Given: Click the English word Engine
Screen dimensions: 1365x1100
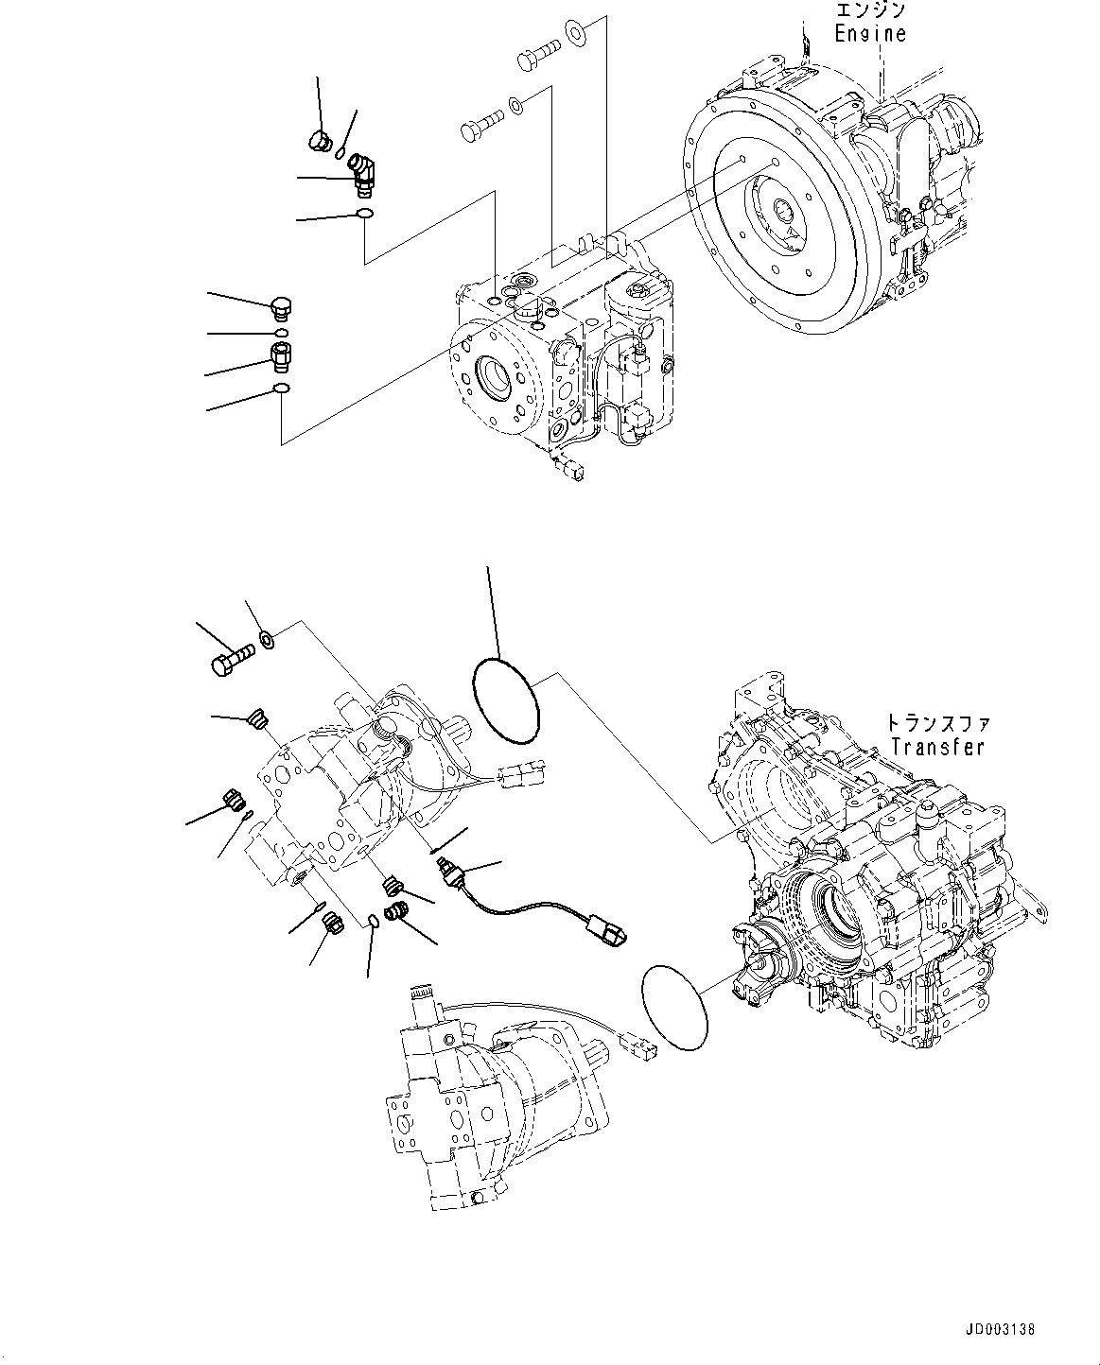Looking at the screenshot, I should pyautogui.click(x=869, y=34).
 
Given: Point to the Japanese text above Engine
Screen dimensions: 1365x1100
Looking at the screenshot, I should pyautogui.click(x=870, y=10).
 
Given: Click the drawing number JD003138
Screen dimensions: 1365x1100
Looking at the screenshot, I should pyautogui.click(x=1001, y=1329).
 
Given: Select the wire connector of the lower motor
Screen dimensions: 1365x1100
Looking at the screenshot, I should pyautogui.click(x=632, y=1045).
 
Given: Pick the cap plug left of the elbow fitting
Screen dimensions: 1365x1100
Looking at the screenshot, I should pyautogui.click(x=319, y=143).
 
